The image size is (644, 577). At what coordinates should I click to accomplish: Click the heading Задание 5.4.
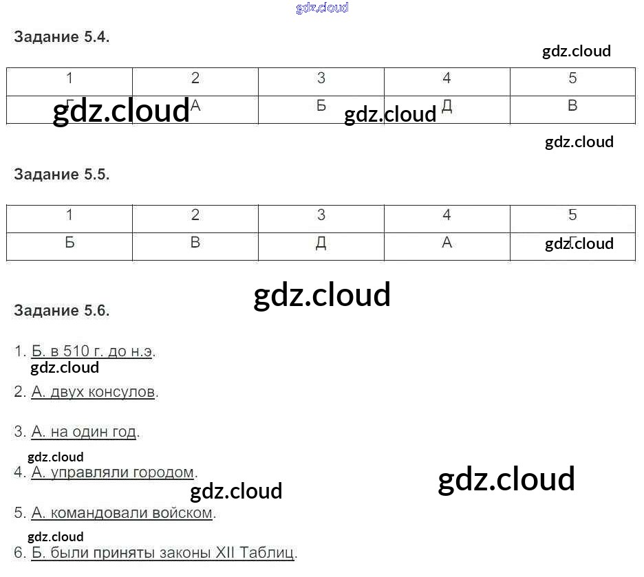[61, 38]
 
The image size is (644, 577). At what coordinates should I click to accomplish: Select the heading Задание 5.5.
[61, 175]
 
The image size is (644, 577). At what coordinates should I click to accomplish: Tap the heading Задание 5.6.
[61, 310]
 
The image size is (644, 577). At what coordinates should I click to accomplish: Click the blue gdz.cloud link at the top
[322, 8]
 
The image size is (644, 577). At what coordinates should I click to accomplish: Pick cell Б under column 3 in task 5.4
[321, 106]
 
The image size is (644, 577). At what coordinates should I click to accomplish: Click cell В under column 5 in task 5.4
[572, 106]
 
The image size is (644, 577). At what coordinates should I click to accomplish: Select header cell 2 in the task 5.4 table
[195, 78]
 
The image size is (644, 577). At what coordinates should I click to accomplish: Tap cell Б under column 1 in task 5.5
[69, 243]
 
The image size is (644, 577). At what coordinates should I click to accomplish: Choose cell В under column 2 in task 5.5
[195, 243]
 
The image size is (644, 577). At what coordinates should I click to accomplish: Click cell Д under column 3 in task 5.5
[321, 243]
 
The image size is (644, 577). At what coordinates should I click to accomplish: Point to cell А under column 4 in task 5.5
[447, 243]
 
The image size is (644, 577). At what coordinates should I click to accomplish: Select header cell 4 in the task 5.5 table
[447, 215]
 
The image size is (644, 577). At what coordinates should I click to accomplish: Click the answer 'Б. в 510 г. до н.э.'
[93, 351]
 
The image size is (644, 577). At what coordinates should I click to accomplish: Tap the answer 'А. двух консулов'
[94, 392]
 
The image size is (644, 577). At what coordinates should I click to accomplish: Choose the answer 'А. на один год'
[85, 432]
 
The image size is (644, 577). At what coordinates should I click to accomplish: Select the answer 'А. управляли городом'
[113, 472]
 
